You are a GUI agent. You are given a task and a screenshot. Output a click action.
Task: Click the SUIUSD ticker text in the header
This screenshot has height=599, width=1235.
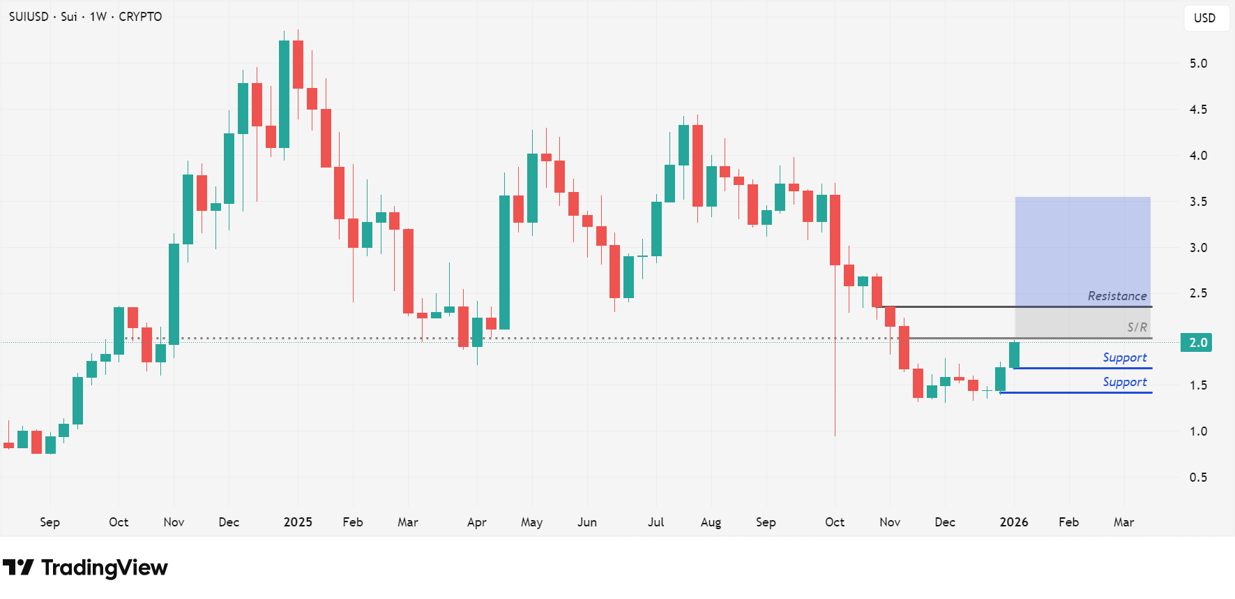point(29,17)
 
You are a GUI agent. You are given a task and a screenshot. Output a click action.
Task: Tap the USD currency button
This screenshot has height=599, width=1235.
point(1204,18)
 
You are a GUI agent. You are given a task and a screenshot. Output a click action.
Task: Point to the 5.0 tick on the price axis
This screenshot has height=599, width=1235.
point(1198,64)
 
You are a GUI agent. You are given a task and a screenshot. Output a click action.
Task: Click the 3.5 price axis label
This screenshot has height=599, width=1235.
point(1198,202)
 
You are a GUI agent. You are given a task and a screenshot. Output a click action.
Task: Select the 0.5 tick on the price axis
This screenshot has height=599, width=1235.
point(1198,478)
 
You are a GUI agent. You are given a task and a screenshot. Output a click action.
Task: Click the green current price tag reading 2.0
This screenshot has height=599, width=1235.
point(1197,343)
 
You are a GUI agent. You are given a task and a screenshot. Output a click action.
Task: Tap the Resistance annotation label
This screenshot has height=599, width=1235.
point(1116,296)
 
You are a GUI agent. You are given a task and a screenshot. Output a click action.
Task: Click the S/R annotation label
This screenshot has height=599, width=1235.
point(1137,327)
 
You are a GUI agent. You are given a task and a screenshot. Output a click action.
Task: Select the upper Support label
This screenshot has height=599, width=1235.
point(1124,357)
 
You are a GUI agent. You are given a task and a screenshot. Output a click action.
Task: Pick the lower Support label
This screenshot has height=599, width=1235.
point(1124,382)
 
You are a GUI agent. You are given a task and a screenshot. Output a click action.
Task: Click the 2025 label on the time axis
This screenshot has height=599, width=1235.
point(298,522)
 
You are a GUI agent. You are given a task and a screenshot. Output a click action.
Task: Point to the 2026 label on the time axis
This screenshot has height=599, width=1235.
point(1013,522)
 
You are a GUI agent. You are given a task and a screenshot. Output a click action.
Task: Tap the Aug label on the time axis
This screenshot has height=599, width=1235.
point(711,522)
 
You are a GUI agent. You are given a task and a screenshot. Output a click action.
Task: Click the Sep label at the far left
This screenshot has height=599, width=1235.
point(50,522)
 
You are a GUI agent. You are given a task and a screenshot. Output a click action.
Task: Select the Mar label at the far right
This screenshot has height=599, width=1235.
point(1123,522)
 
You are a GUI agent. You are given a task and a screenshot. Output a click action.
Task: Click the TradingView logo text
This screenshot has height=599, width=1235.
point(104,568)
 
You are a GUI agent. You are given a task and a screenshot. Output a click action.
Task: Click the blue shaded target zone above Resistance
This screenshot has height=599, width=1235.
point(1082,244)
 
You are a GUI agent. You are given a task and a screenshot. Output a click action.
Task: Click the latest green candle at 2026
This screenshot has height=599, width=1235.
point(1014,355)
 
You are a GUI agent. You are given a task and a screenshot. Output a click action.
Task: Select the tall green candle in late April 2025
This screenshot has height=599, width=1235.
point(504,262)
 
